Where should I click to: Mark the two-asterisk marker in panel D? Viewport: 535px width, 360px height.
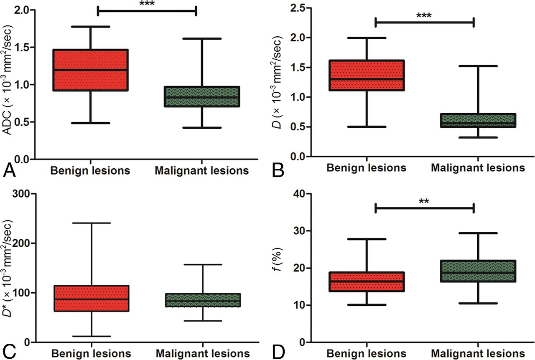(424, 201)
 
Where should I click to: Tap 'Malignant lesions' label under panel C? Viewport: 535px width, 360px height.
(203, 352)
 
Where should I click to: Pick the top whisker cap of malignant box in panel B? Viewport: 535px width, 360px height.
(477, 66)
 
